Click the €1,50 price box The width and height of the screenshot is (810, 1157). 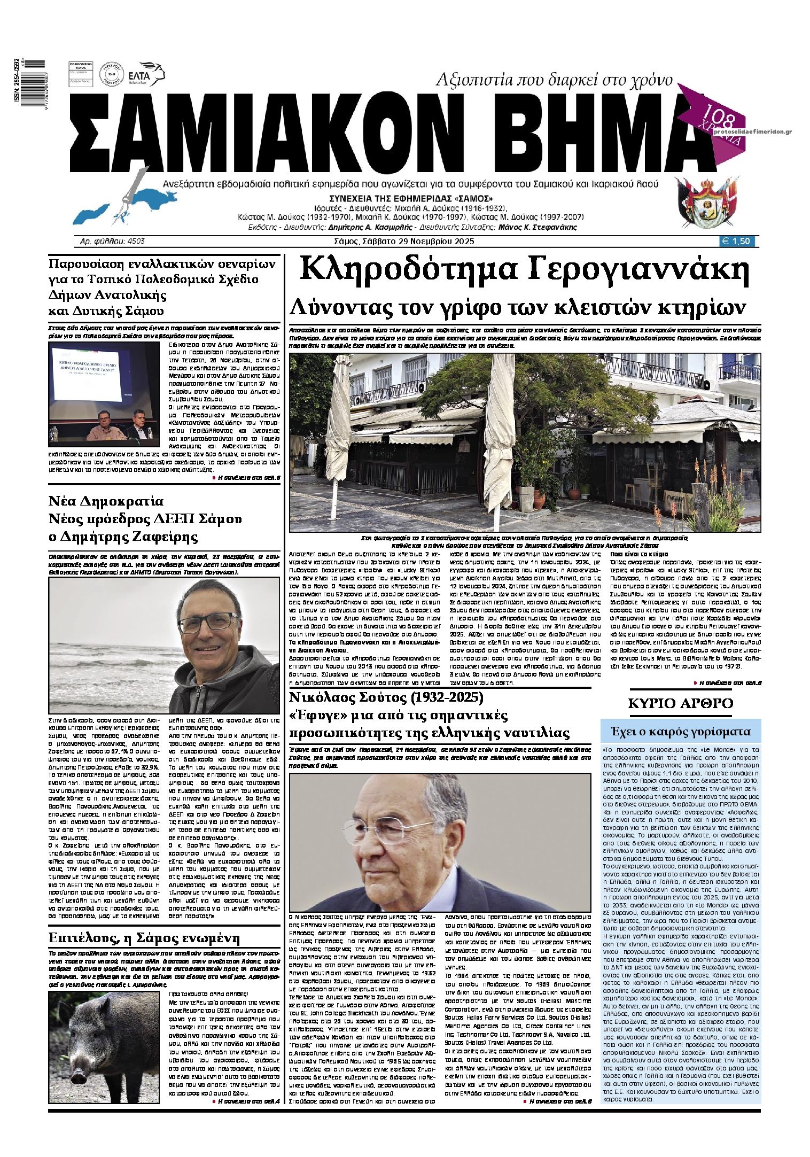point(738,241)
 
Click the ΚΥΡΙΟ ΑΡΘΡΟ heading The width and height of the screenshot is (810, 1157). point(680,704)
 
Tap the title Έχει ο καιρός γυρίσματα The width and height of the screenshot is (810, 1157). point(680,732)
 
